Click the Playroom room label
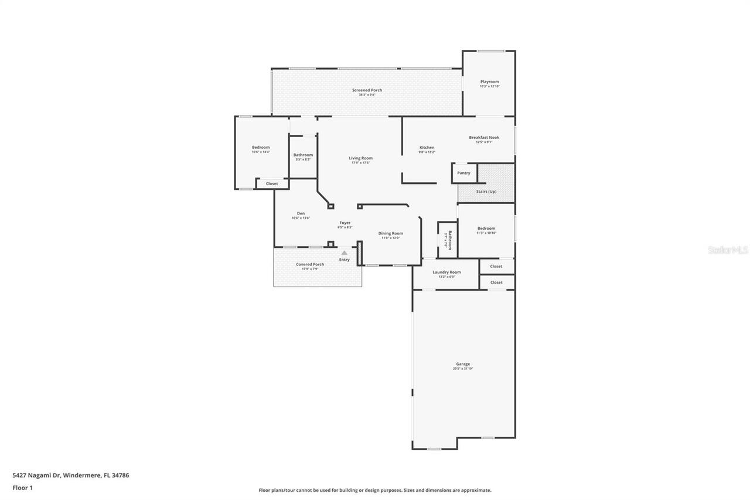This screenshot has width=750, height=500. coord(489,82)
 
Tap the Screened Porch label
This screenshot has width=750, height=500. coord(367,90)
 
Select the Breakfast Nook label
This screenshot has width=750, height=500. coord(484,138)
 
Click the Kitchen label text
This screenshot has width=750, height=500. coord(427,148)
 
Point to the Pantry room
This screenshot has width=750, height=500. coord(463,173)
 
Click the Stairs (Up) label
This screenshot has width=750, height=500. coord(486,192)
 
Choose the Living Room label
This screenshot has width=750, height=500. coord(360,158)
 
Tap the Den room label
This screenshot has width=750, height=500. coord(301,213)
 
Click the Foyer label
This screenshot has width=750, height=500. coord(345,223)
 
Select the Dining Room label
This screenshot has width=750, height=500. coord(390,233)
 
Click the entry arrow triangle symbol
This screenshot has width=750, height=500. coord(345,253)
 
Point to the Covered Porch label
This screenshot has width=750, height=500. coord(310,264)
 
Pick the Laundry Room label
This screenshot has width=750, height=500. coord(446,272)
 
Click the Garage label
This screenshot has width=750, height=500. coord(463,364)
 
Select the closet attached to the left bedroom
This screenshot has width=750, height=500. coord(272,183)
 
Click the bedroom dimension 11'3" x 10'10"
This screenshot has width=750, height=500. coord(486,233)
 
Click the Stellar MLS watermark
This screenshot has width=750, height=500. coord(728,250)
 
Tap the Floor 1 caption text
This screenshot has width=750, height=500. coord(23,488)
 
